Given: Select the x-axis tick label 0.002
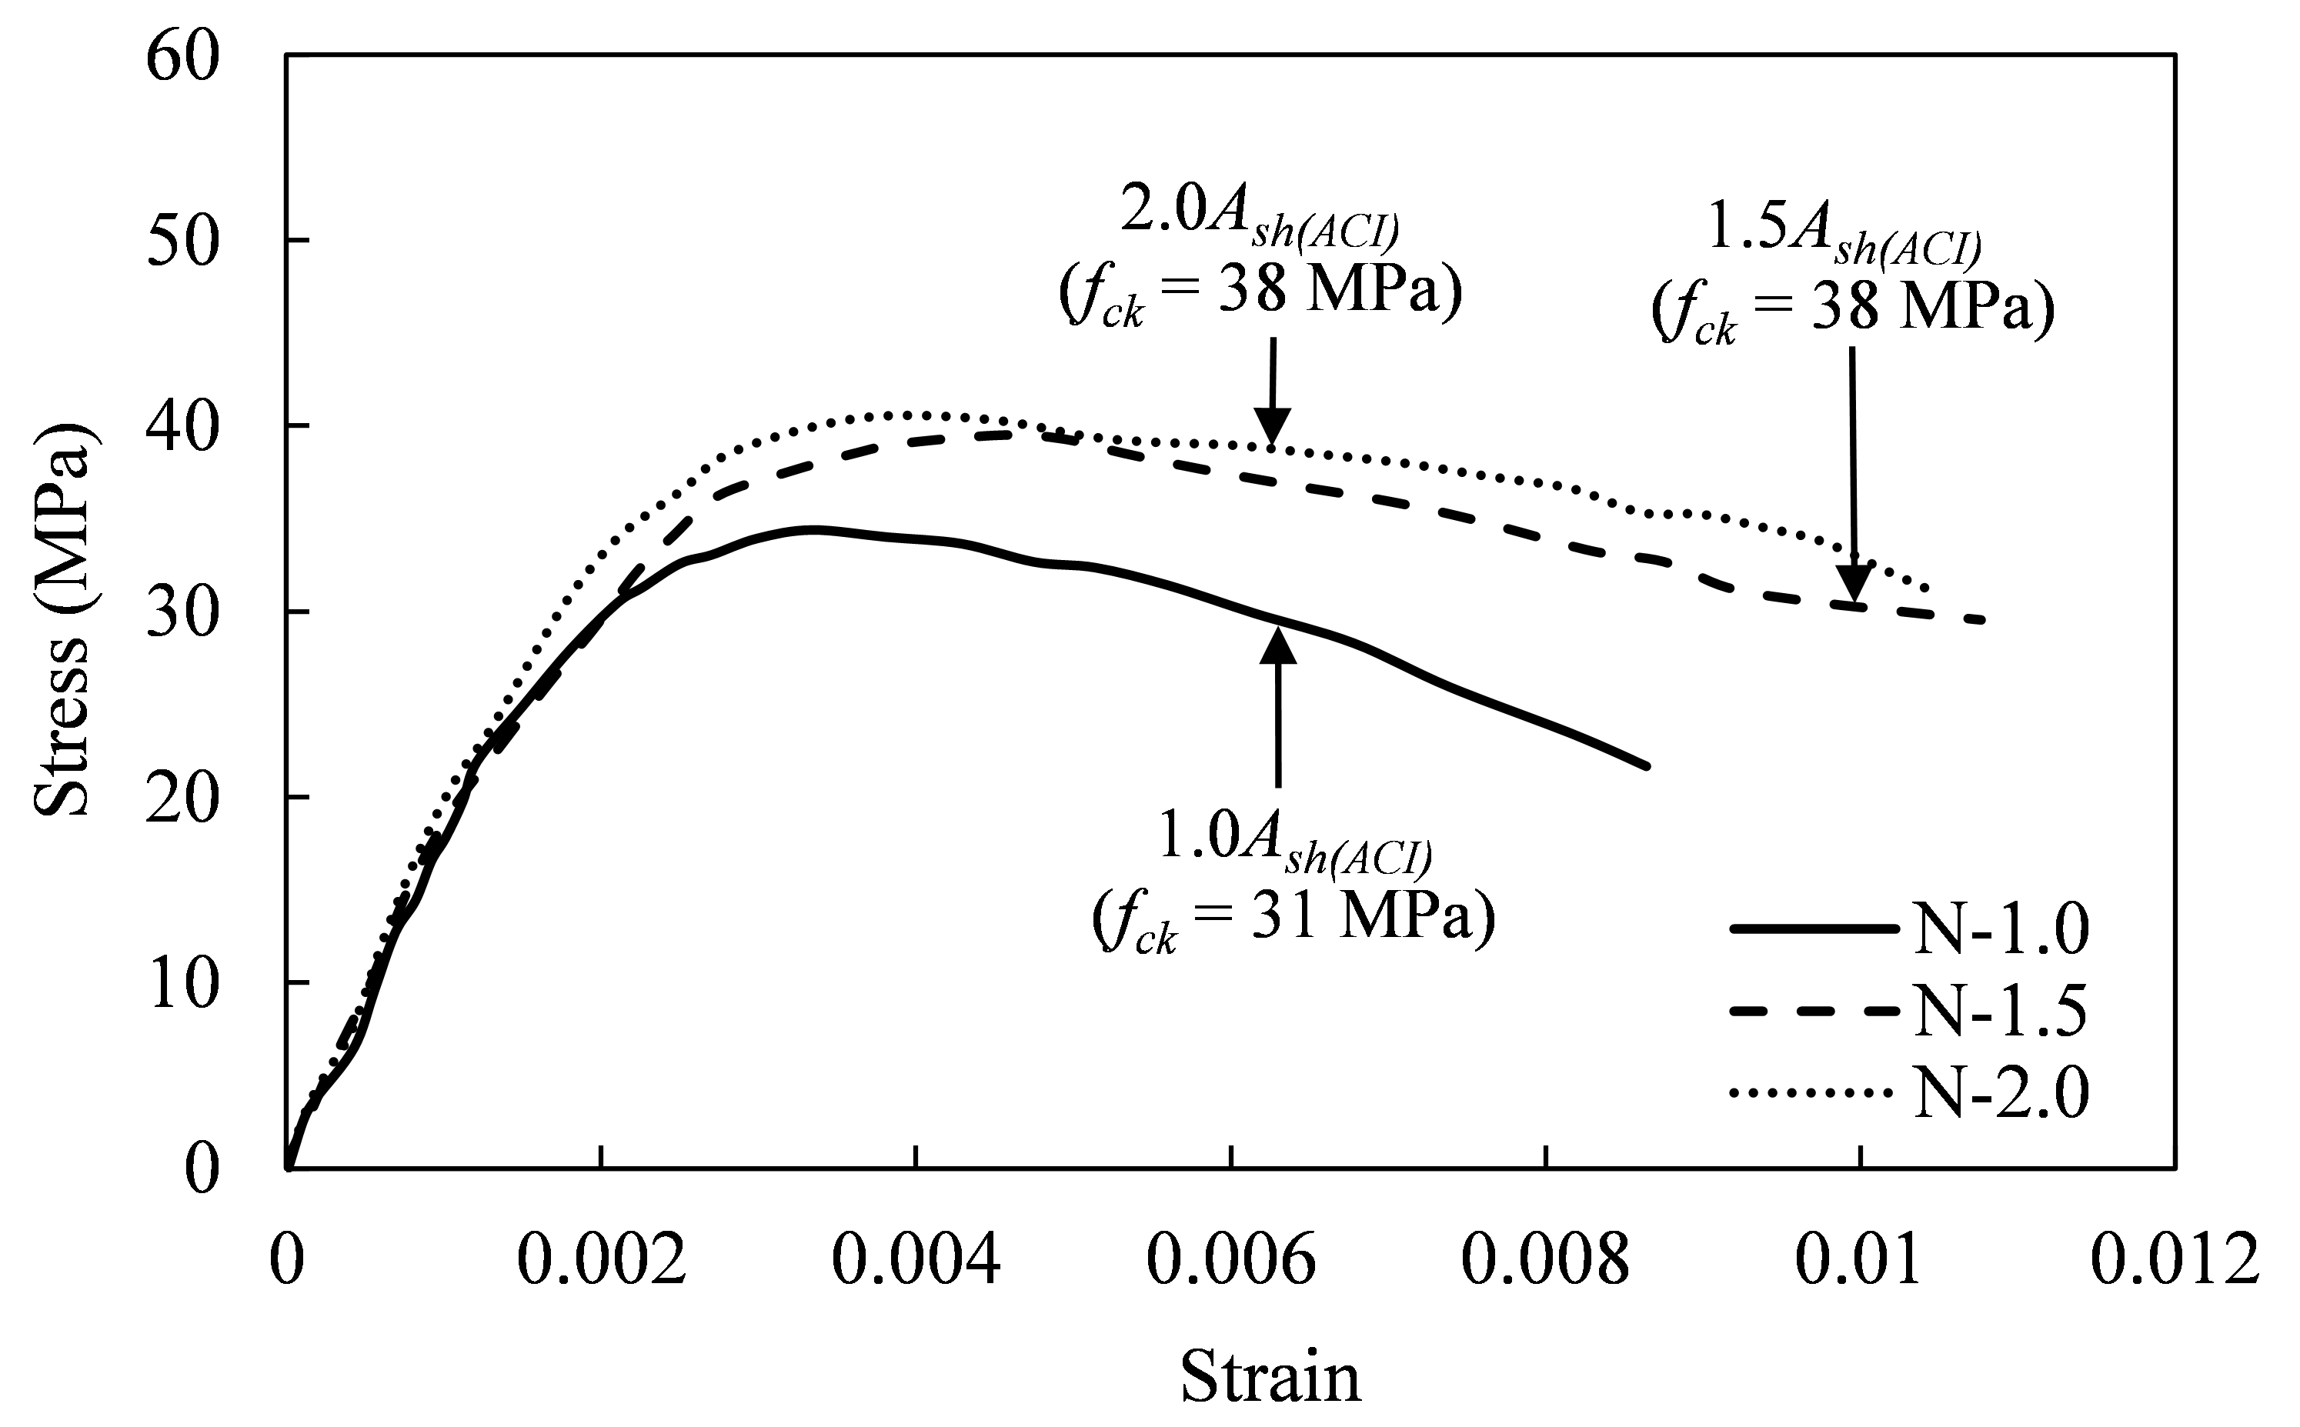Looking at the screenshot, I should point(601,1262).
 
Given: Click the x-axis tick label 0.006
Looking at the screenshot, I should point(1230,1262).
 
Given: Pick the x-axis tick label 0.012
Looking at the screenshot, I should point(2175,1262).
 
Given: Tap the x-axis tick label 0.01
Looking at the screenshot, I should point(1858,1262).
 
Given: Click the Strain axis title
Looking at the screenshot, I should point(1270,1377).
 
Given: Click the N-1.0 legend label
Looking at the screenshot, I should point(2000,929).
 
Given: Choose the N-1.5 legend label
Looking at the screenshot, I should point(2000,1012).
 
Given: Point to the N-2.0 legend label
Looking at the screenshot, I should point(2000,1094).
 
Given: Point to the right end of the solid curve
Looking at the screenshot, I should point(1646,765).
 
